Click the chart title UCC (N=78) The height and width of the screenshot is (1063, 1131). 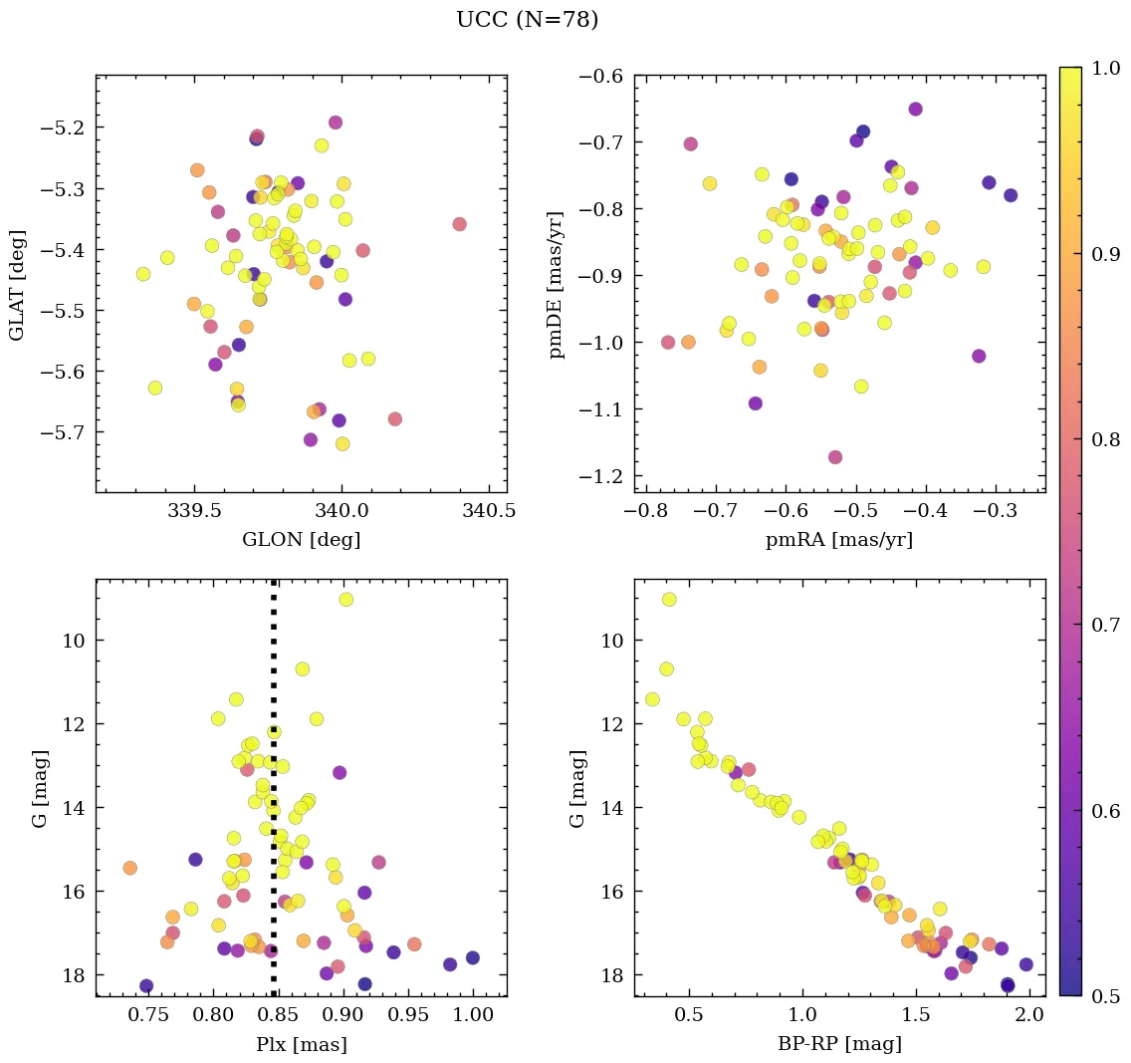[527, 20]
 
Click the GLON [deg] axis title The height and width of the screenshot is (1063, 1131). [301, 541]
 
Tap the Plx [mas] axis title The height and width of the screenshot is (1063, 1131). [301, 1045]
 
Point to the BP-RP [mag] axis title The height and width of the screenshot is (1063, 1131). [839, 1045]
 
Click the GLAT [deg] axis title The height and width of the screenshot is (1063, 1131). [17, 284]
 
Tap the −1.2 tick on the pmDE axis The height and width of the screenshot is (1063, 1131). [602, 476]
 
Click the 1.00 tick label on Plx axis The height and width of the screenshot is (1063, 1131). [472, 1016]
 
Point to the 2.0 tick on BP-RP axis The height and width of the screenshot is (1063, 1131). [1029, 1016]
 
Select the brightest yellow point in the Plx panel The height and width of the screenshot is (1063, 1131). [345, 599]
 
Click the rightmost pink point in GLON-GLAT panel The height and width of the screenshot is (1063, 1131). [459, 224]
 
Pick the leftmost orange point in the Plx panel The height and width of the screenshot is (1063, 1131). [129, 868]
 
